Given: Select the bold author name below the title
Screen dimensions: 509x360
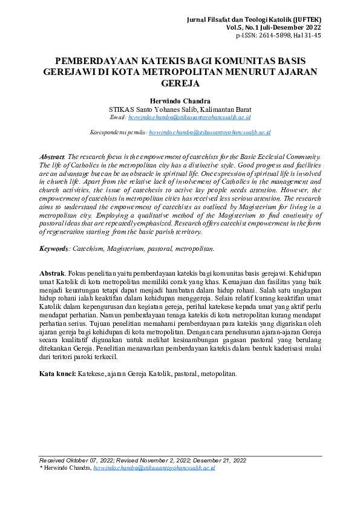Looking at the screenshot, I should click(180, 100).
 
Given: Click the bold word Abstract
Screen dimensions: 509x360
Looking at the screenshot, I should click(52, 157).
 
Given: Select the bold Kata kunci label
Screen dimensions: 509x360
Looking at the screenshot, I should click(57, 374).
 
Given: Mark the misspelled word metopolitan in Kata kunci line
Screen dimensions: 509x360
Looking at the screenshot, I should click(215, 374).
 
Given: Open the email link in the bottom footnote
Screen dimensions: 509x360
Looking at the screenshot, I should click(154, 468).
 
